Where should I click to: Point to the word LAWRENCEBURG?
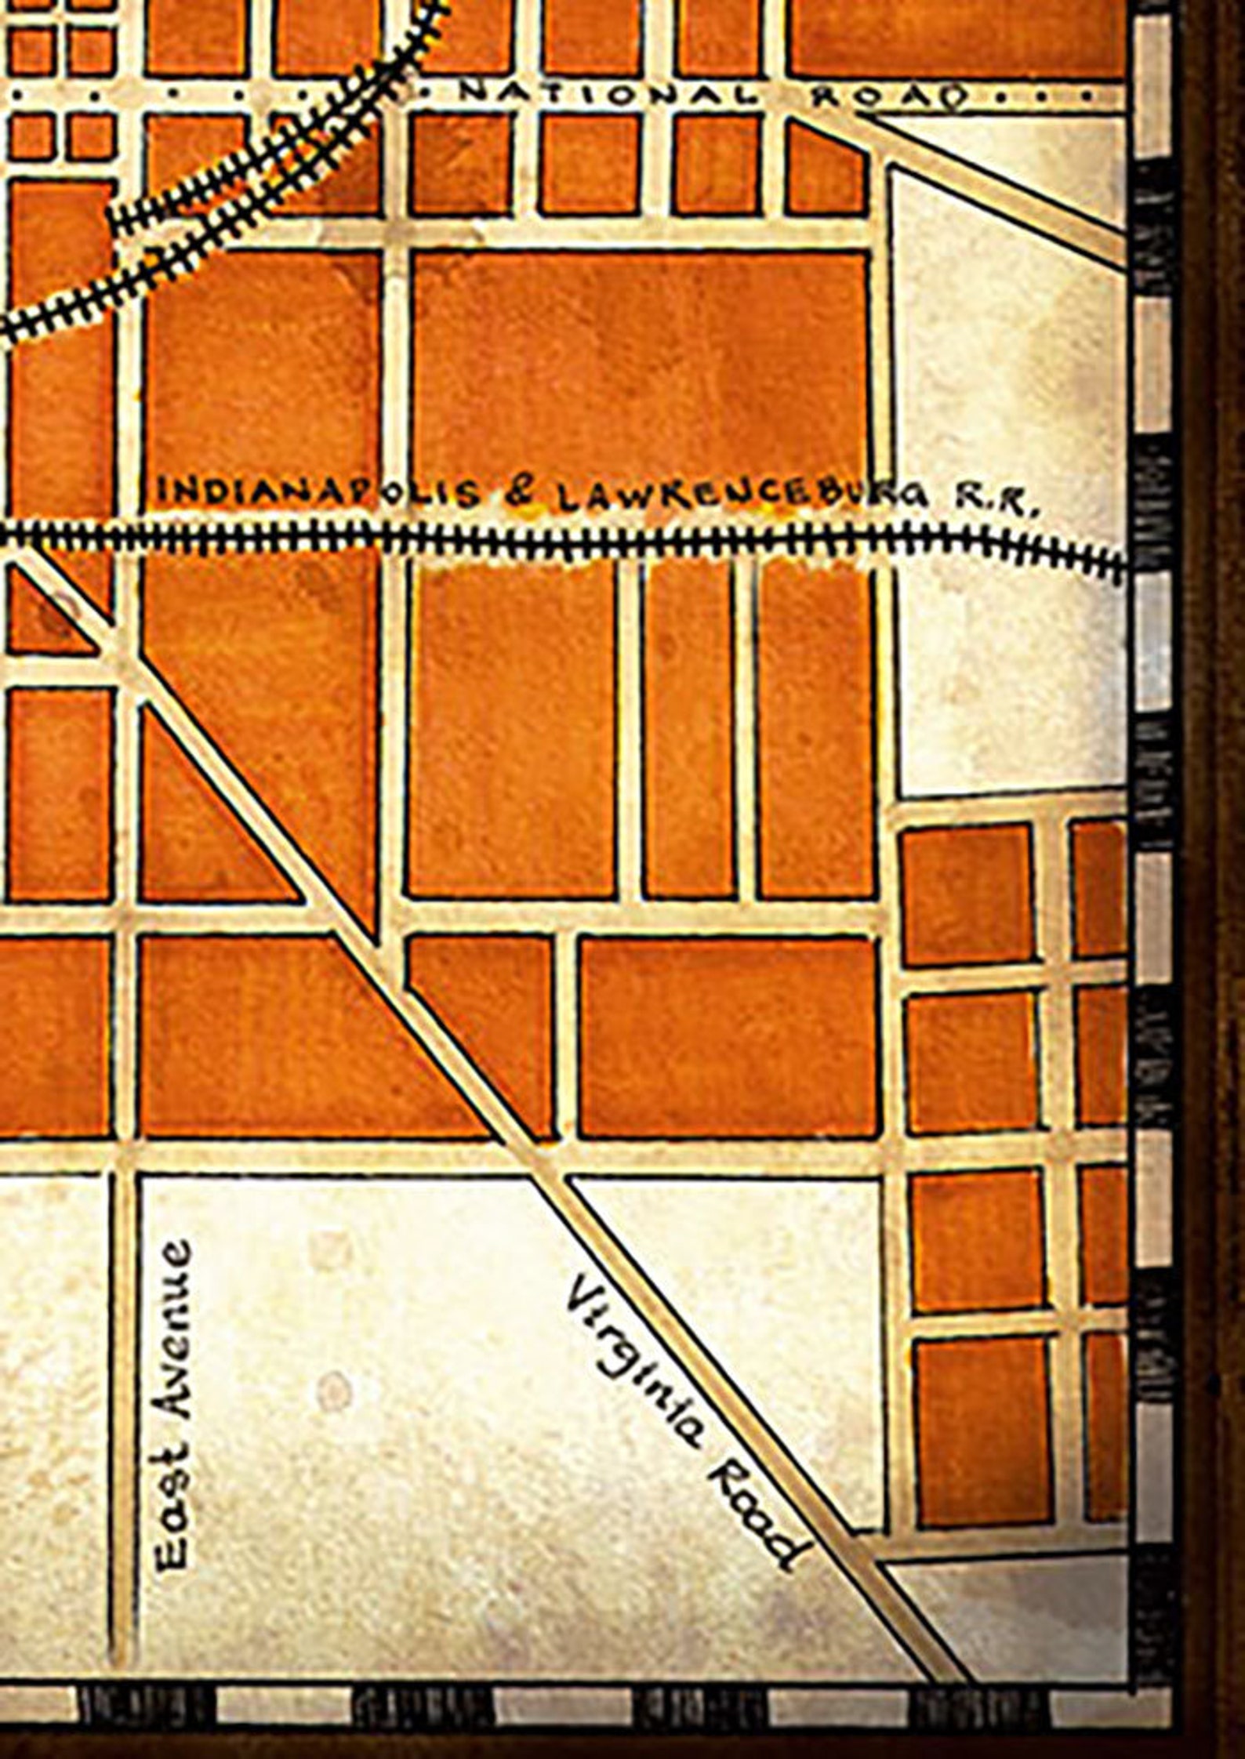pos(750,496)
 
